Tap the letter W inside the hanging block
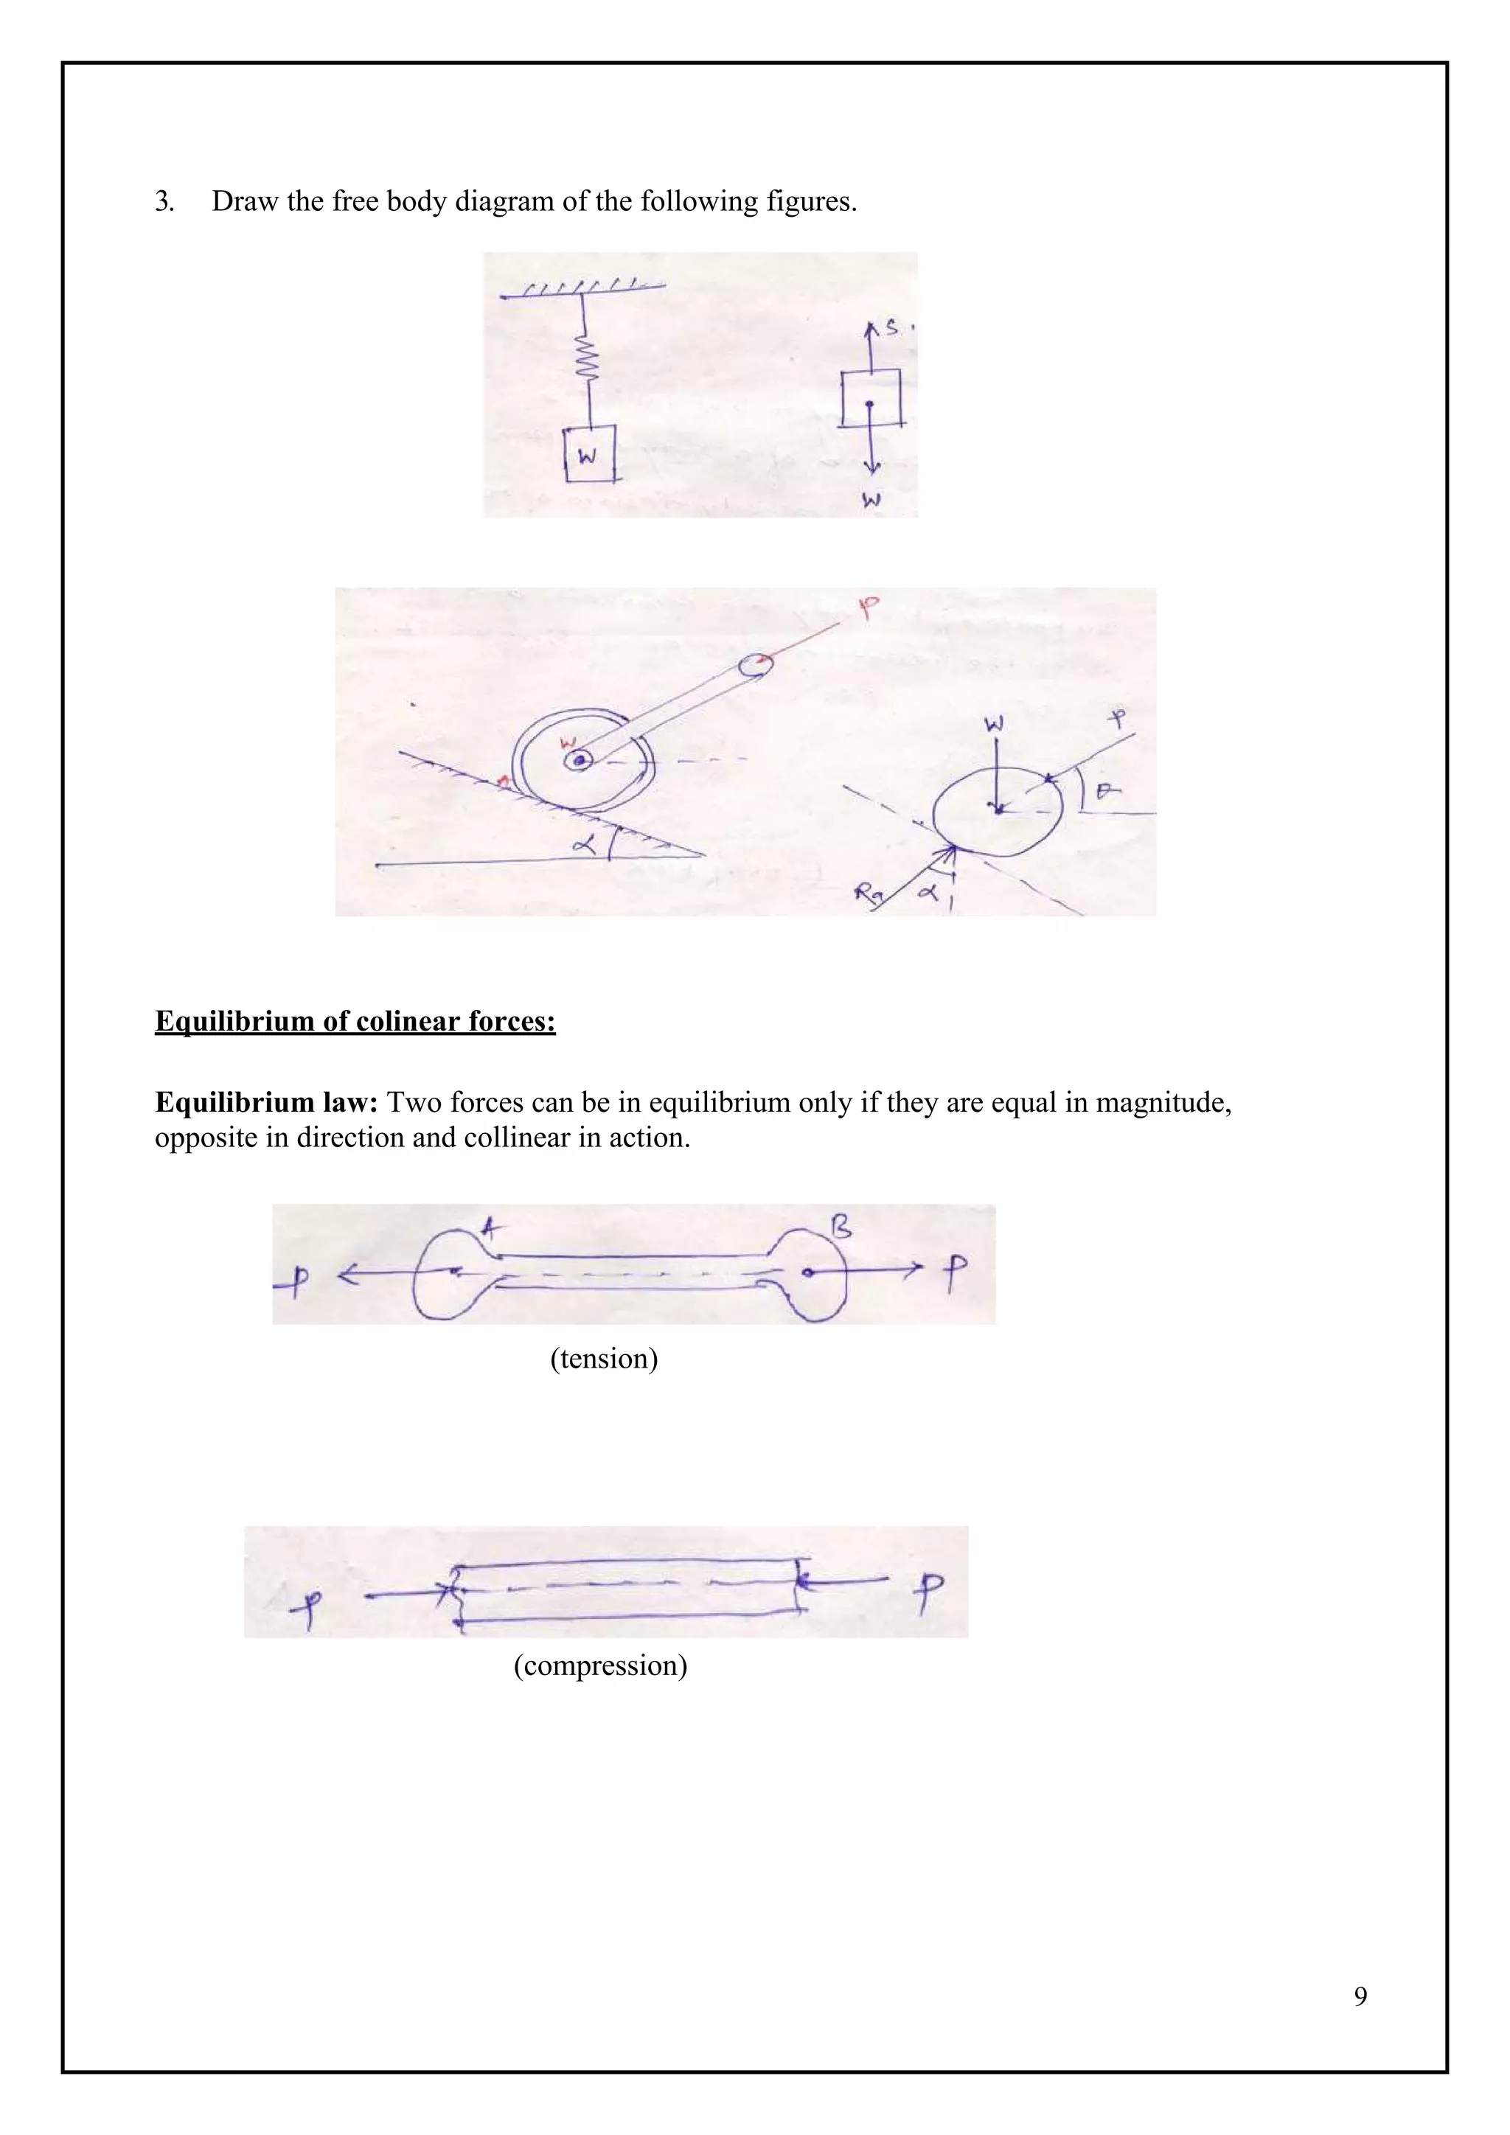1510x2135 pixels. click(588, 456)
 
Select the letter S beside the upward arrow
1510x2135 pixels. click(891, 328)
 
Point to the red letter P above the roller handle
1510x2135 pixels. click(868, 609)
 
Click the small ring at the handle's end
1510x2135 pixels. click(755, 664)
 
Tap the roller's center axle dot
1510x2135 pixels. click(580, 761)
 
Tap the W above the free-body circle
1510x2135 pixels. click(994, 723)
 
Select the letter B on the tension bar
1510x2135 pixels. click(840, 1227)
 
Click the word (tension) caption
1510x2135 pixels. click(603, 1359)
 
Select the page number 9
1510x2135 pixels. click(1360, 1996)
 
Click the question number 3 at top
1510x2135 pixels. click(164, 201)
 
